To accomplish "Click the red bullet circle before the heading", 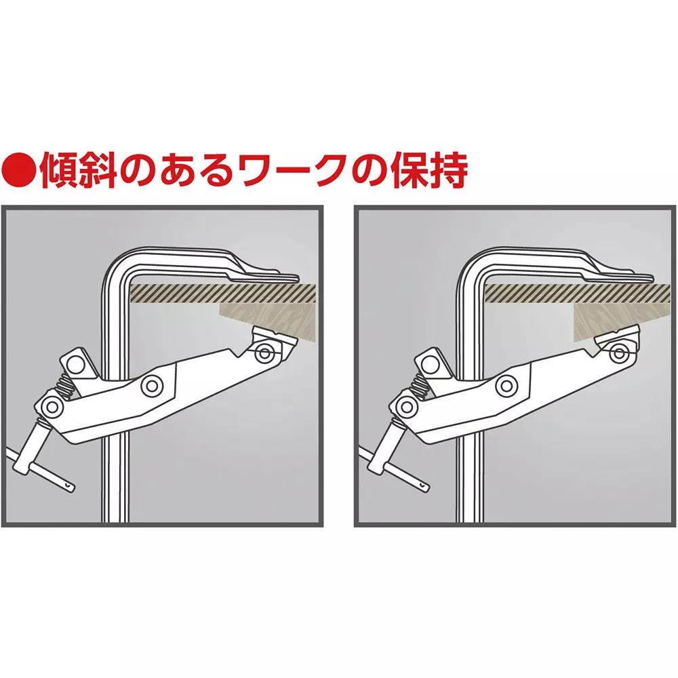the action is tap(19, 171).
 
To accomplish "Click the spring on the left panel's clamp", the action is tap(67, 382).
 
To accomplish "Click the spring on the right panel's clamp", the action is tap(421, 382).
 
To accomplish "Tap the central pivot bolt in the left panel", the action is tap(152, 385).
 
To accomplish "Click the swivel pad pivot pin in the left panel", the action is tap(264, 354).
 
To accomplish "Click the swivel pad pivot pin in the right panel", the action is tap(618, 353).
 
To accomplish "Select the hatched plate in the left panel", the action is tap(223, 293).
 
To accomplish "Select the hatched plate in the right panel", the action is tap(578, 293).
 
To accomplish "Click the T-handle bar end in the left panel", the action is tap(69, 486).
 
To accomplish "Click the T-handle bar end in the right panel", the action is tap(424, 486).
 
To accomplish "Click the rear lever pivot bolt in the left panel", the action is tap(52, 406).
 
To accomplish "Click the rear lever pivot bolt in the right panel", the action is tap(406, 406).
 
